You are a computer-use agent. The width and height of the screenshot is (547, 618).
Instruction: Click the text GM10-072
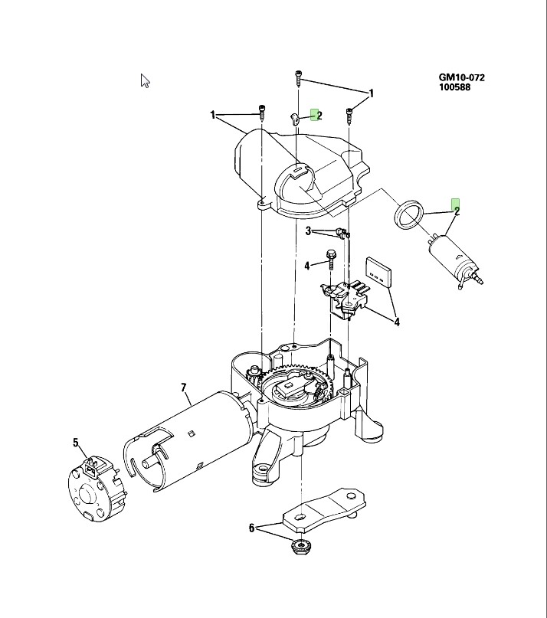(461, 77)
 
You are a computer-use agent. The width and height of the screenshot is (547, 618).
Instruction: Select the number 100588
(454, 87)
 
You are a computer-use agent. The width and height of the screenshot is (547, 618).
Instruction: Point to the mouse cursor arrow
(145, 80)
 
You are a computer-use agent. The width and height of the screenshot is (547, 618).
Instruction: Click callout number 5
(76, 442)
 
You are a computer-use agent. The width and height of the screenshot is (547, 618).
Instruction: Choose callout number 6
(251, 527)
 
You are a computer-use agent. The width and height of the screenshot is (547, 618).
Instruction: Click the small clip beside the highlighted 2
(295, 119)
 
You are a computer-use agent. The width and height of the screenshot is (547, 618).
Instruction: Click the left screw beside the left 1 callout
(261, 113)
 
